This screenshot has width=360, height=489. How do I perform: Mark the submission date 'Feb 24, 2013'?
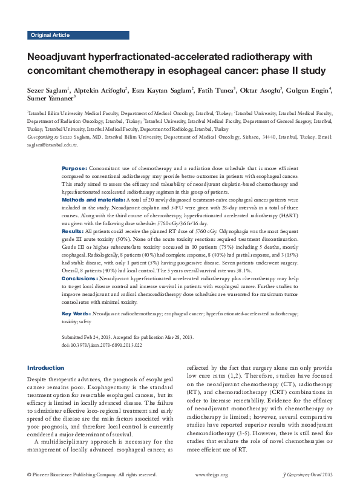point(101,336)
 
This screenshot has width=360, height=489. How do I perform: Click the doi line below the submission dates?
point(103,343)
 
